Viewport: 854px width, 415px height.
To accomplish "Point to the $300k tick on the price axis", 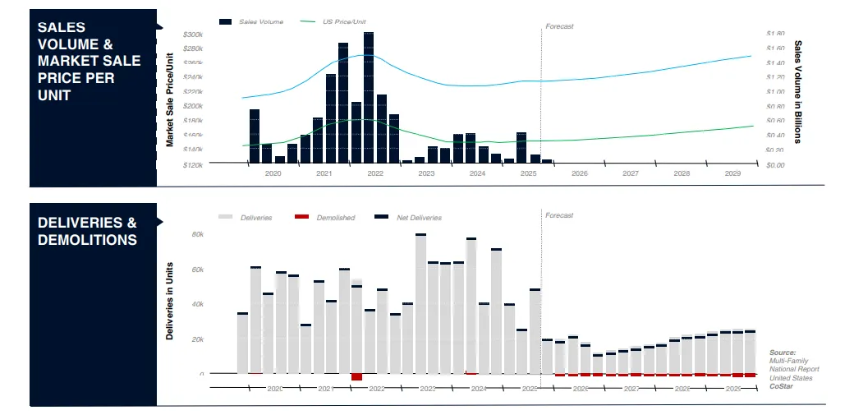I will [193, 35].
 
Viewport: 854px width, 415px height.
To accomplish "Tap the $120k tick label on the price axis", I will [193, 164].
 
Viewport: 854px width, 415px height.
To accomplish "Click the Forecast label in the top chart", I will [559, 26].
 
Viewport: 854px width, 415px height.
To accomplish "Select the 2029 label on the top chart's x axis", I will [733, 174].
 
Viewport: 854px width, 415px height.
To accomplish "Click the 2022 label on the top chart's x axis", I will [375, 174].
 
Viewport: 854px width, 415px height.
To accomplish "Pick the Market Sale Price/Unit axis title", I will [170, 99].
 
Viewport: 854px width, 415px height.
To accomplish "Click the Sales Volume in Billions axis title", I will [797, 91].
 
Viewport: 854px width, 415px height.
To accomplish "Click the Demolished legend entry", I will [336, 218].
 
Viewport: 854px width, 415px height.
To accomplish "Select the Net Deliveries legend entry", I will [419, 218].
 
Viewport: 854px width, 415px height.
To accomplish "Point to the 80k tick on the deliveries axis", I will [197, 234].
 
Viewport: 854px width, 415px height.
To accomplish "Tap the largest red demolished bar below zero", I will [356, 376].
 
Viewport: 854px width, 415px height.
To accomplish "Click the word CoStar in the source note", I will [781, 385].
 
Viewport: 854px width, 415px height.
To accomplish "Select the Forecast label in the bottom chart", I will [559, 215].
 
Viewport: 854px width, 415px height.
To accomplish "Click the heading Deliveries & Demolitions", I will [87, 231].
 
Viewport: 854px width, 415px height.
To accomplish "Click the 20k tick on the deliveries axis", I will [197, 339].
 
